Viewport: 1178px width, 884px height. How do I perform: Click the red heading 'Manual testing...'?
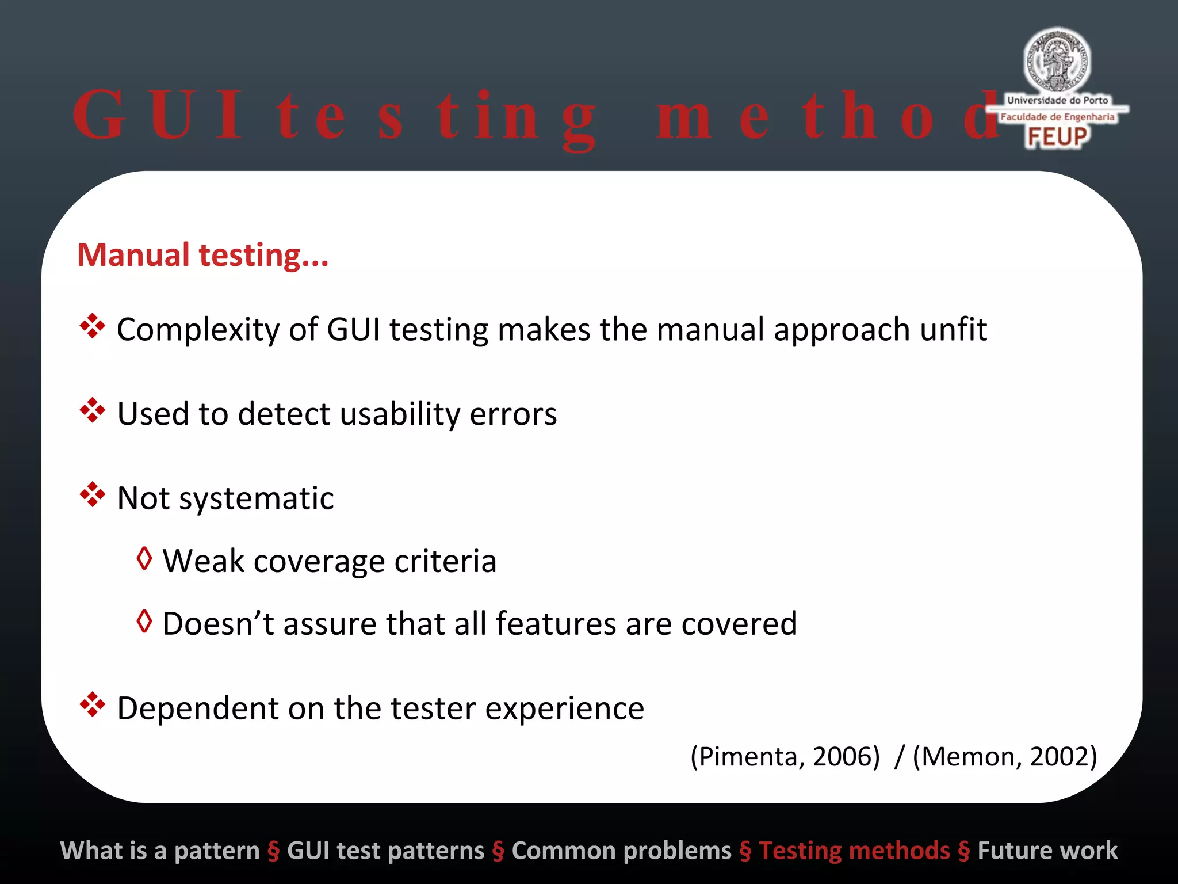click(202, 255)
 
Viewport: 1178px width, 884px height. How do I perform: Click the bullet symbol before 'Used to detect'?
click(92, 410)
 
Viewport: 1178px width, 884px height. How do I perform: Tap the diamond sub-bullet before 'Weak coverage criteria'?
click(144, 558)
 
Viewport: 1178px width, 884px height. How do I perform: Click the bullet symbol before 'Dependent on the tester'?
click(92, 704)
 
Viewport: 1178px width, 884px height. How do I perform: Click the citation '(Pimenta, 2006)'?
click(785, 756)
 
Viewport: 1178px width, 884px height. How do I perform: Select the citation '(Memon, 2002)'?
click(1005, 756)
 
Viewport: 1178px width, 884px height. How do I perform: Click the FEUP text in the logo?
click(1057, 137)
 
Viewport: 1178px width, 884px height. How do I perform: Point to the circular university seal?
click(1057, 60)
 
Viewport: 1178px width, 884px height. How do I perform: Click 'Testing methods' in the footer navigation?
click(854, 851)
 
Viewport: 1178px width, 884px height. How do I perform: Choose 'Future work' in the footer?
click(1047, 851)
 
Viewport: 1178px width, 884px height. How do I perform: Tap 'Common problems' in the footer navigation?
click(621, 851)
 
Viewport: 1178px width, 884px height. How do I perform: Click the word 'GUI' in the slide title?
click(159, 115)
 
